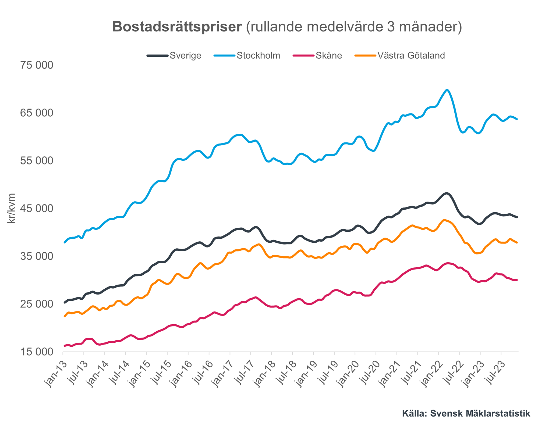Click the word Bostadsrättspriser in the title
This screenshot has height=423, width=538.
[177, 27]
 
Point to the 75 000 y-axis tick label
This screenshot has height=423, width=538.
[37, 65]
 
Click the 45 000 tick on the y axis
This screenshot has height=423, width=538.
[37, 209]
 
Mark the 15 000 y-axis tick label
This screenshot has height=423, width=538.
[37, 352]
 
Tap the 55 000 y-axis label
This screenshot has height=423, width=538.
[37, 161]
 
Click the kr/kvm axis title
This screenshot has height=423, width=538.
[11, 209]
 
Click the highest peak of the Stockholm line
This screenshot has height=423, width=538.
[447, 90]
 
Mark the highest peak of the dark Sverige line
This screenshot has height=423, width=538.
[447, 193]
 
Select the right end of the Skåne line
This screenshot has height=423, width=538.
[517, 280]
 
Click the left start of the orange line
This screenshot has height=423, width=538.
[65, 316]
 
